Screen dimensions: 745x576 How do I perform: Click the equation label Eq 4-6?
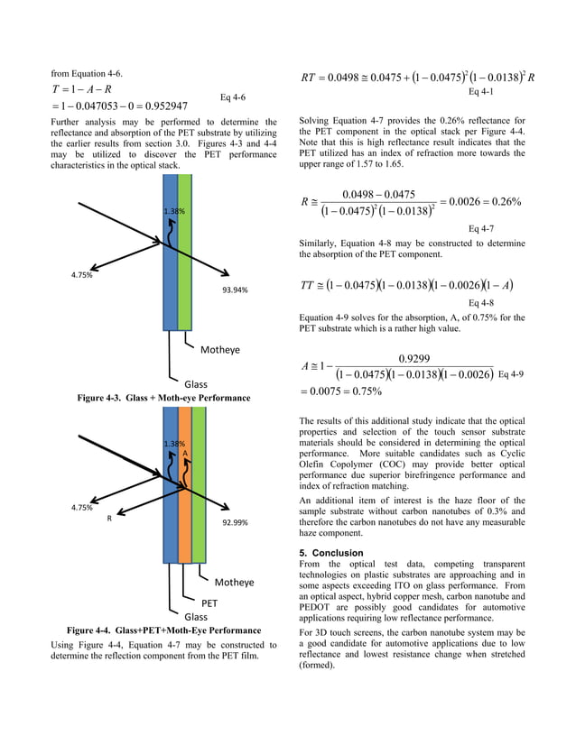click(233, 97)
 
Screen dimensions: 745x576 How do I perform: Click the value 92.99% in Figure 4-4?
click(235, 522)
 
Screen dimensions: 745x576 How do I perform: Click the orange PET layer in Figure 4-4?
click(185, 487)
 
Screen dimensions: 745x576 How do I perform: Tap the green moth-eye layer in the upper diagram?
click(185, 253)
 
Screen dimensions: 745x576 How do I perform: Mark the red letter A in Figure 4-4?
click(184, 453)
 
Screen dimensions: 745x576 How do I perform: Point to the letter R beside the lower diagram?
click(109, 520)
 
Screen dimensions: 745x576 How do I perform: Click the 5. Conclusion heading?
click(332, 553)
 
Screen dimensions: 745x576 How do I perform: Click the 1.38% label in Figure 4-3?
click(173, 211)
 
